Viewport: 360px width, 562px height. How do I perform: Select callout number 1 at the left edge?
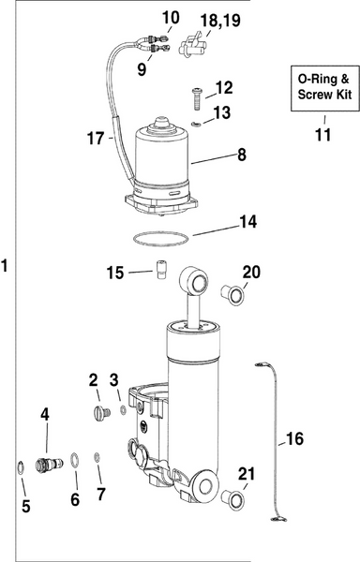[7, 265]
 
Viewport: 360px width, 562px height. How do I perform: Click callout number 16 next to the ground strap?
[294, 438]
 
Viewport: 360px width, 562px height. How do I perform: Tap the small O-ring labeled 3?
[122, 408]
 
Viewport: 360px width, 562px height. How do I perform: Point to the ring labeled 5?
[20, 466]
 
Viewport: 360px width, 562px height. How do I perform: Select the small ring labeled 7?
[98, 457]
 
